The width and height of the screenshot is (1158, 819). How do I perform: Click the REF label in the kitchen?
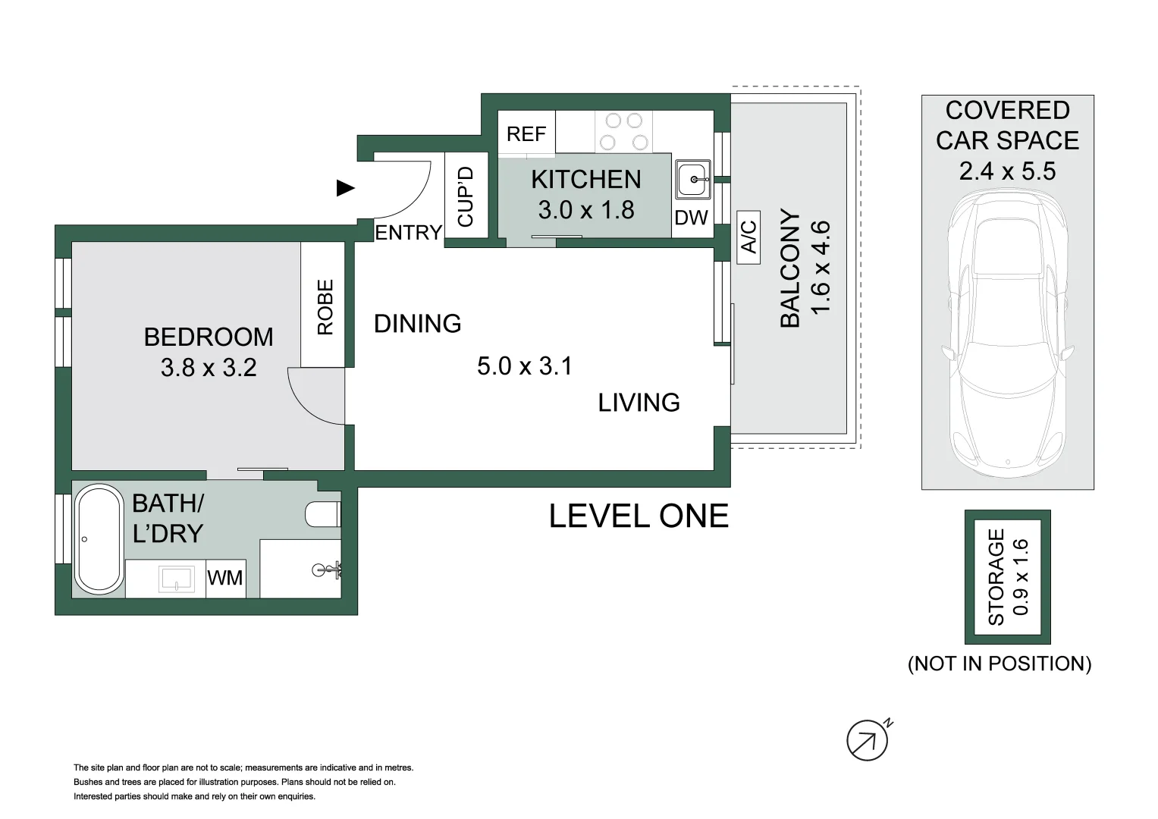click(526, 134)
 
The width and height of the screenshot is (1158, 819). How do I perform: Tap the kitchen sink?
click(692, 180)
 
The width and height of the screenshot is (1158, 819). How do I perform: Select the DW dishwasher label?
click(691, 218)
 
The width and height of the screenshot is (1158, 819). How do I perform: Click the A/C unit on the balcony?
click(748, 237)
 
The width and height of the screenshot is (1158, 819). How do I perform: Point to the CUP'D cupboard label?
click(466, 196)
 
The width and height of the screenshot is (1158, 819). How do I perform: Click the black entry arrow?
click(345, 188)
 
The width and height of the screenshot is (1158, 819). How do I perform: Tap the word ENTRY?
click(409, 233)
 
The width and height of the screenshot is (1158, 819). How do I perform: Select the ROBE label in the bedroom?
click(325, 307)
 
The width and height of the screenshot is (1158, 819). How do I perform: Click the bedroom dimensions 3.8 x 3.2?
click(209, 368)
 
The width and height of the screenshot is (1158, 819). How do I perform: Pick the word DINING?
click(417, 324)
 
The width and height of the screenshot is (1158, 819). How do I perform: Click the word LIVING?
click(639, 403)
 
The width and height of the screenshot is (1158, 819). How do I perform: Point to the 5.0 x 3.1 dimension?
click(525, 366)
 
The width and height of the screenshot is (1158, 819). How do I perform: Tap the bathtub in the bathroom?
click(99, 539)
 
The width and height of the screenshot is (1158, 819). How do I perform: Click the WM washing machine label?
click(225, 578)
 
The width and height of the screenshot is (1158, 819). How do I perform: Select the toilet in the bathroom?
click(323, 514)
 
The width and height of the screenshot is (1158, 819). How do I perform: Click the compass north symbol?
click(868, 740)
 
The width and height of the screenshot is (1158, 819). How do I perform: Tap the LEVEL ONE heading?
click(639, 516)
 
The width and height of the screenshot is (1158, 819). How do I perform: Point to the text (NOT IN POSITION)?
click(1000, 664)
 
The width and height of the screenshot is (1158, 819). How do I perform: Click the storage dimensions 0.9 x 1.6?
click(1021, 577)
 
